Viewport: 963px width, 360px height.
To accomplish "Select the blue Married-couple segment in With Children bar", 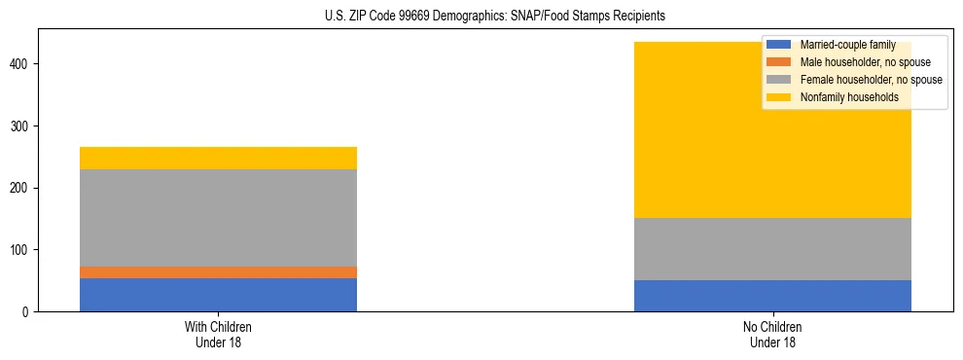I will [218, 294].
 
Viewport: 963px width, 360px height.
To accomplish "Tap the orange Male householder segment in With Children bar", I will [218, 271].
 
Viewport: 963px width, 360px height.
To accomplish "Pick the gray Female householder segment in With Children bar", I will [218, 217].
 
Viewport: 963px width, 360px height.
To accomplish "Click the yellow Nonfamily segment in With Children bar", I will [218, 158].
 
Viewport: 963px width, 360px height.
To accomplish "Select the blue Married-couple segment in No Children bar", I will [772, 295].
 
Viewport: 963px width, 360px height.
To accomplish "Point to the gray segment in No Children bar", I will [772, 248].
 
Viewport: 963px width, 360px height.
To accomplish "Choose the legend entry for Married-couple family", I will [846, 45].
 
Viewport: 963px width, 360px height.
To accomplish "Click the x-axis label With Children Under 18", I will [218, 334].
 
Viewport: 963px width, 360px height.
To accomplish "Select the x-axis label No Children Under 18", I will [772, 334].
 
